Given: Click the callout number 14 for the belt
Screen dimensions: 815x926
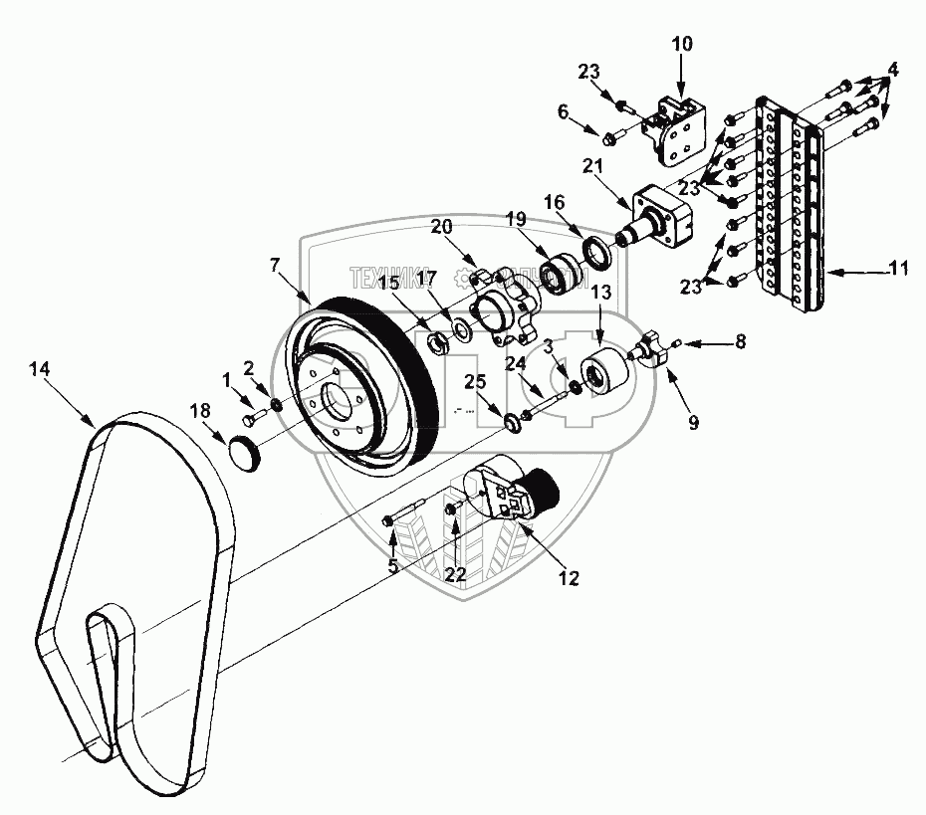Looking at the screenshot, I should coord(39,369).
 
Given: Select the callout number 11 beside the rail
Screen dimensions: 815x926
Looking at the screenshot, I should coord(900,269).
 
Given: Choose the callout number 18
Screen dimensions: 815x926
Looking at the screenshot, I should coord(199,409).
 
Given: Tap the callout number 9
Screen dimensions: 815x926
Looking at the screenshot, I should coord(694,422).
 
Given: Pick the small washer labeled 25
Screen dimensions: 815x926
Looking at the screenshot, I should coord(511,424).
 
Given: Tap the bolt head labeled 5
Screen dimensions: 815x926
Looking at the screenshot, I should coord(389,520).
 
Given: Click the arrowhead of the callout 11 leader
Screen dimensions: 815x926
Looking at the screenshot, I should coord(830,269).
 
